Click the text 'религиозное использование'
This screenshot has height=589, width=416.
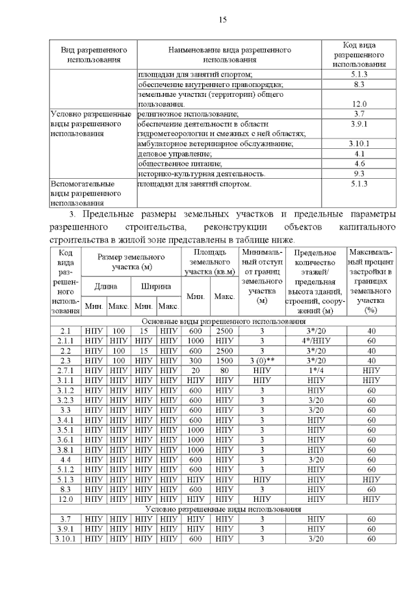pos(179,114)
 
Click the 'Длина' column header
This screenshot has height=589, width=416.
pos(106,286)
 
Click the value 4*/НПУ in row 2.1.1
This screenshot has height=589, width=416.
pos(315,341)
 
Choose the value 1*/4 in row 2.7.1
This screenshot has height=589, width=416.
pos(315,371)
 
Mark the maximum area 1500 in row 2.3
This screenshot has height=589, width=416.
pos(225,361)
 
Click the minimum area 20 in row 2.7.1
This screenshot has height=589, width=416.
pos(196,371)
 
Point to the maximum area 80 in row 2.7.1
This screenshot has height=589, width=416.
pos(225,371)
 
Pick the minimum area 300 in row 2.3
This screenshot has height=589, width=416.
pos(196,361)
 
